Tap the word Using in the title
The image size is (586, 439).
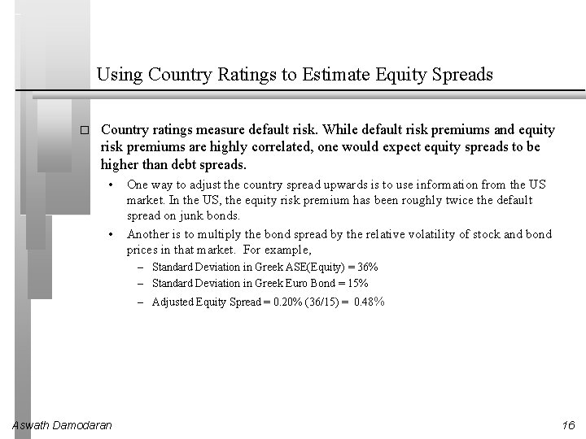[117, 75]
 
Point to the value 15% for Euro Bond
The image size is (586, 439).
[356, 283]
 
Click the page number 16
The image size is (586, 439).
[567, 425]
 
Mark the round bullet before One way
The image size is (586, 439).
[112, 184]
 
